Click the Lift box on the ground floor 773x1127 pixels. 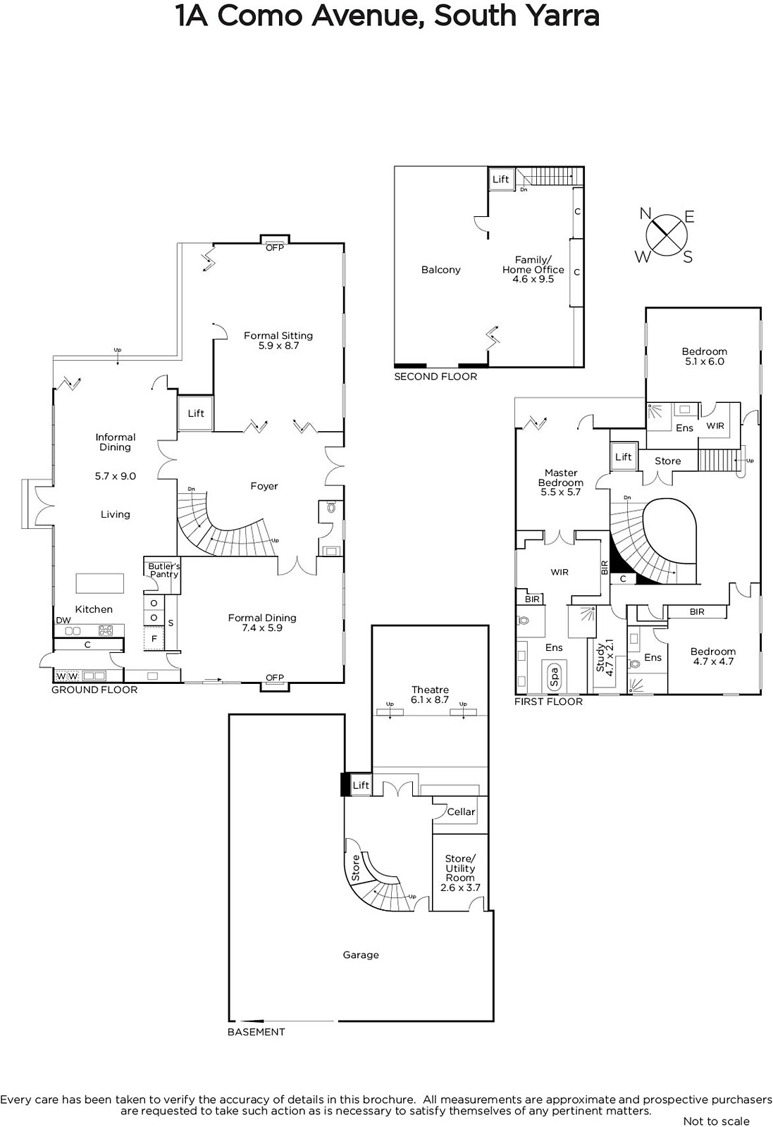coord(195,413)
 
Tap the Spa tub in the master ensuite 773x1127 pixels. coord(554,675)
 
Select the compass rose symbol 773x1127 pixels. coord(667,235)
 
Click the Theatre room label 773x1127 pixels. coord(430,690)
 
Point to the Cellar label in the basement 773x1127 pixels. coord(461,811)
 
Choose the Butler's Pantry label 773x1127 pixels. coord(164,570)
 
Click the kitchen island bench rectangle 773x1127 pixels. coord(99,583)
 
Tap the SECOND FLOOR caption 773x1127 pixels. coord(435,376)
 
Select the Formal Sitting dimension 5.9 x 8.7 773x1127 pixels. coord(278,346)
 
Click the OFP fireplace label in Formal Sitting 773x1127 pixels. coord(275,247)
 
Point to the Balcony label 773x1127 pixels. coord(441,270)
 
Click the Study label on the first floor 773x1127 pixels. coord(600,658)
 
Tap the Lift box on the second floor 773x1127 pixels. coord(501,179)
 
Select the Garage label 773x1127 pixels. coord(361,954)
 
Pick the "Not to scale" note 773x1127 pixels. coord(716,1121)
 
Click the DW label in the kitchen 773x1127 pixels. coord(63,621)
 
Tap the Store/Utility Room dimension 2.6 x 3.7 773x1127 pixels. coord(460,888)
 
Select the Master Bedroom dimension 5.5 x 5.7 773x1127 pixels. coord(561,492)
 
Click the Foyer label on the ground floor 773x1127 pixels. coord(264,486)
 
